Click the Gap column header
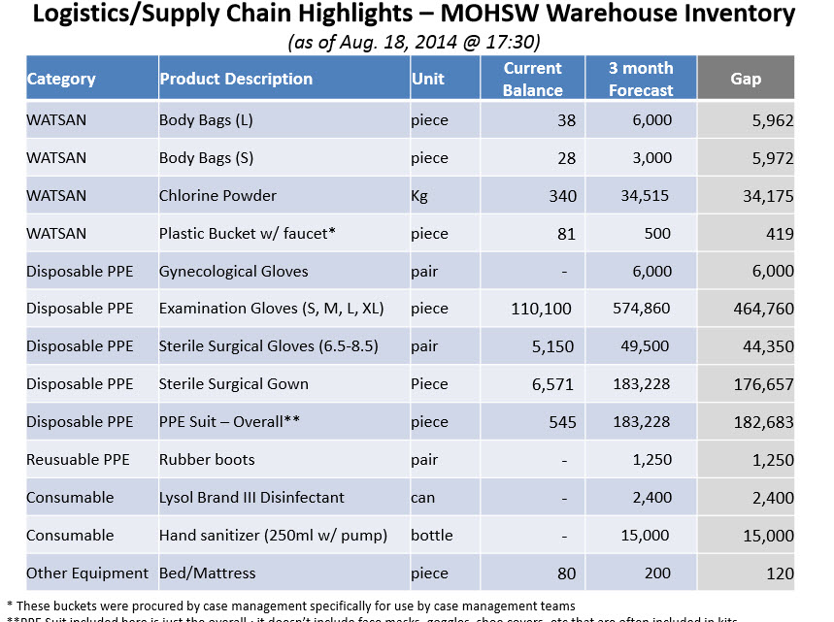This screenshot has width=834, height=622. coord(746,79)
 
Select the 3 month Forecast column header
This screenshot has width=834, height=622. coord(641,79)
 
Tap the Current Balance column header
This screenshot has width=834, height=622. coord(532,79)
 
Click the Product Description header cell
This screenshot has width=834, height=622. coord(236,79)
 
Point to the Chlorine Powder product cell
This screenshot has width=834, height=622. coord(217,196)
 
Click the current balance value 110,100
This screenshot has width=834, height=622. coord(542,309)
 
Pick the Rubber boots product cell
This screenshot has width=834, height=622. coord(207,460)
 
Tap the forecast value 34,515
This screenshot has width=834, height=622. coord(645,196)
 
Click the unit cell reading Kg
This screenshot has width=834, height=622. coord(419,196)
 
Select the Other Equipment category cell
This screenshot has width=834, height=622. coord(87,573)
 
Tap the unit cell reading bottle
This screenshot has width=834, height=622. coord(430,536)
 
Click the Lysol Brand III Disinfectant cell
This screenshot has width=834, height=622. coord(251,498)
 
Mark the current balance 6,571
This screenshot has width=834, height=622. coord(553,384)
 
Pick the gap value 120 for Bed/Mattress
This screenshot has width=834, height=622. coord(779,573)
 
